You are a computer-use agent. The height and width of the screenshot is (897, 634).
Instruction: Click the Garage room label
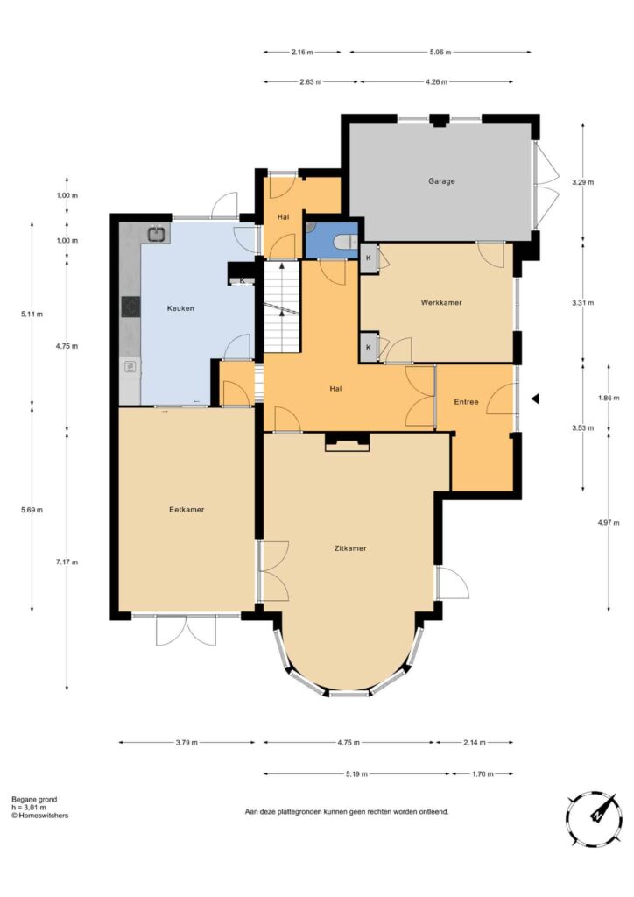pyautogui.click(x=441, y=181)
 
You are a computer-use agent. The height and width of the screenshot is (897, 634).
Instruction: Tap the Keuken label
pyautogui.click(x=180, y=308)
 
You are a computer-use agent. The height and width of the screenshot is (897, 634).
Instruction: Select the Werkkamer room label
pyautogui.click(x=441, y=302)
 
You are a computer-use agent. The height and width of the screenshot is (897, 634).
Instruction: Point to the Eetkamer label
pyautogui.click(x=187, y=510)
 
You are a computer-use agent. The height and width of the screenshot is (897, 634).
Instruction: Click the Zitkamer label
pyautogui.click(x=350, y=548)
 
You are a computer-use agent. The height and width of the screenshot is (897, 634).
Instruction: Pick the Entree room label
pyautogui.click(x=466, y=402)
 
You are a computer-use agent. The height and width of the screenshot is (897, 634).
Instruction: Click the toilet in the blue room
pyautogui.click(x=347, y=242)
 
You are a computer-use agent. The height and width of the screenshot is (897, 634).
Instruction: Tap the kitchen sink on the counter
pyautogui.click(x=157, y=233)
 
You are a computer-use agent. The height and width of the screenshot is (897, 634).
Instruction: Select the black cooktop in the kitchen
pyautogui.click(x=131, y=306)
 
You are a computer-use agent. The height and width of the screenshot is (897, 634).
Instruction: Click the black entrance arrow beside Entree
pyautogui.click(x=535, y=399)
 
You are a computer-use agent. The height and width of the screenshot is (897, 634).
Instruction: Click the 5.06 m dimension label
pyautogui.click(x=440, y=52)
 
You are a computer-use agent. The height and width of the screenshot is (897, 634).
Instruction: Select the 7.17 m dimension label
pyautogui.click(x=67, y=562)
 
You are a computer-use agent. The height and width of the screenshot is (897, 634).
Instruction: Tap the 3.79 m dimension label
pyautogui.click(x=187, y=743)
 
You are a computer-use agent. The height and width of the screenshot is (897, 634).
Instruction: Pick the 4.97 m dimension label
pyautogui.click(x=609, y=522)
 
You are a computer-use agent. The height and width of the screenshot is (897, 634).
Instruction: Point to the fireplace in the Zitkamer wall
pyautogui.click(x=347, y=442)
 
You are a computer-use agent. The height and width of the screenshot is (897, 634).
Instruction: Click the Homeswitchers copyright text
pyautogui.click(x=39, y=816)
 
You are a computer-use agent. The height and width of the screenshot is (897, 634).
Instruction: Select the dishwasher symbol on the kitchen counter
pyautogui.click(x=130, y=365)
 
